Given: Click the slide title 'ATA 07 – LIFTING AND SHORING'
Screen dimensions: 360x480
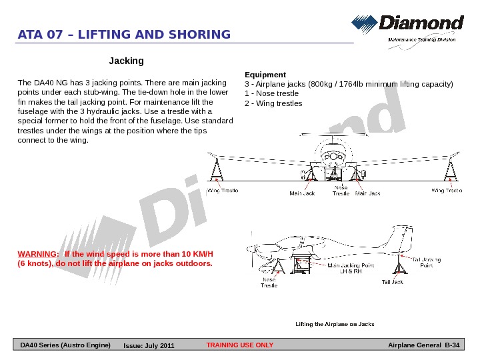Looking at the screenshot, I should click(x=124, y=35).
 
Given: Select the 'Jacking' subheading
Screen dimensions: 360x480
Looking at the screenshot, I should click(x=126, y=61).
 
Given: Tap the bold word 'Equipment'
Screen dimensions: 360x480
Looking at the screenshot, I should click(x=265, y=75).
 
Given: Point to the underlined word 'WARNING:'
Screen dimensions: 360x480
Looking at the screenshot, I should click(x=37, y=255).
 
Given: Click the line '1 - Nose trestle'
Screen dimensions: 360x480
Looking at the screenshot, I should click(x=272, y=93).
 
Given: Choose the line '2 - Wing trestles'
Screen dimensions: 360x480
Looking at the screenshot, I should click(x=273, y=103).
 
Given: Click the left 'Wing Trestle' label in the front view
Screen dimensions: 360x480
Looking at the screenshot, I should click(x=222, y=191).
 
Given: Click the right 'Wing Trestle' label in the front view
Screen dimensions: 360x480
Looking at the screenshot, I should click(x=446, y=191).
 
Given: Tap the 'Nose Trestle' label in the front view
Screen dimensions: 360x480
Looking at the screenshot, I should click(x=341, y=191).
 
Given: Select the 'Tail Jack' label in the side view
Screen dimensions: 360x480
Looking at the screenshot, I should click(x=393, y=282).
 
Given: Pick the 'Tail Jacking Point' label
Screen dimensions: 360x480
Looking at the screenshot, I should click(x=426, y=262).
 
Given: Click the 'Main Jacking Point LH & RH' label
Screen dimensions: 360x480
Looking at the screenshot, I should click(x=350, y=268).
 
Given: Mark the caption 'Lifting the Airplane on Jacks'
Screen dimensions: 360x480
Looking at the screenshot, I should click(x=335, y=324).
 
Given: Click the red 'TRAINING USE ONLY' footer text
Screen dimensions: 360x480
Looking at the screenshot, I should click(x=240, y=345).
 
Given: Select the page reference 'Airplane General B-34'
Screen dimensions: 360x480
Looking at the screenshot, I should click(x=423, y=345).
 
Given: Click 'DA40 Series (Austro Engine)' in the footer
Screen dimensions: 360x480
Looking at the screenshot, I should click(x=65, y=345).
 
